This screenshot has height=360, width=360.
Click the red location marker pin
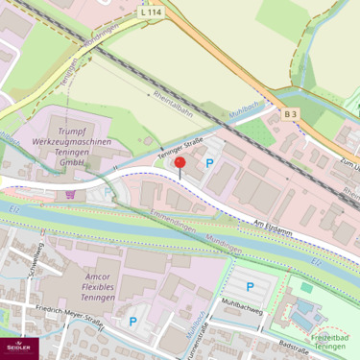click(180, 164)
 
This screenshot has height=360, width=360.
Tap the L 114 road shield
click(151, 12)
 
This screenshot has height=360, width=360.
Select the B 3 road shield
click(290, 113)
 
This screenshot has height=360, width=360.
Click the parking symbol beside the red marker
click(209, 162)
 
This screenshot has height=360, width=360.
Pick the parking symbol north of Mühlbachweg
click(251, 286)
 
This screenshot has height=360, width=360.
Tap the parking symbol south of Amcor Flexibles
click(132, 322)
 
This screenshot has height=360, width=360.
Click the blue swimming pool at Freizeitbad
click(306, 313)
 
